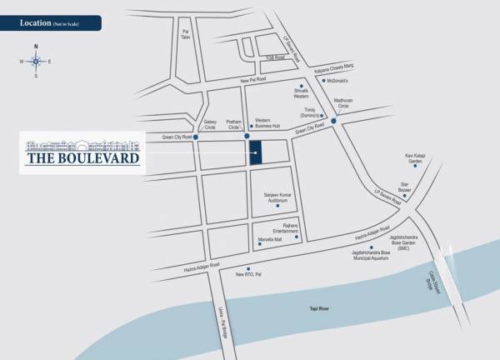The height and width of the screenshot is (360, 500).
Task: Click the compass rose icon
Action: [36, 60]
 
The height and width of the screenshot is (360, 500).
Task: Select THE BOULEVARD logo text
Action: [82, 157]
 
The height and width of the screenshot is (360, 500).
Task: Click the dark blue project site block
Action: [256, 152]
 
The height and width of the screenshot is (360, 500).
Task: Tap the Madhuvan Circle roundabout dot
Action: [333, 121]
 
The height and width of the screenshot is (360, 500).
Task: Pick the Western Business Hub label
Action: [268, 122]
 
